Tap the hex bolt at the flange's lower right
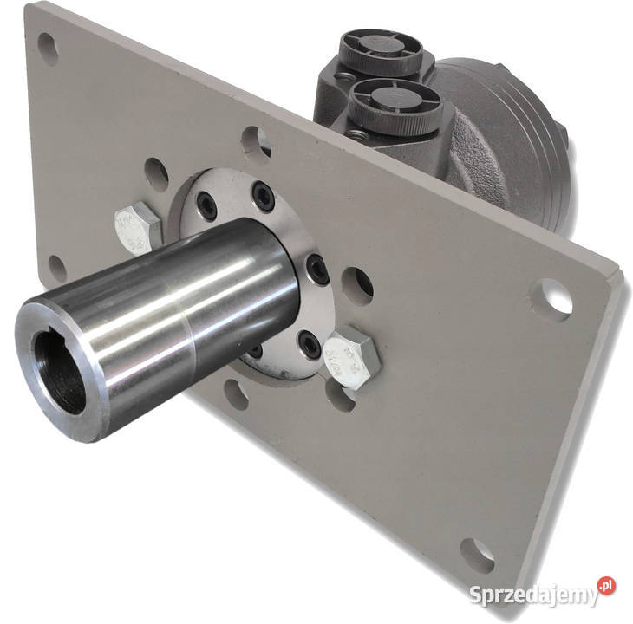(x=352, y=356)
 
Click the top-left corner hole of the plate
(x=48, y=49)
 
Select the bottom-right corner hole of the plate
(x=476, y=554)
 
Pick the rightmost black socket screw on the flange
(x=318, y=268)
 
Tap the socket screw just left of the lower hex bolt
(x=308, y=344)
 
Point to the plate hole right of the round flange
(x=356, y=284)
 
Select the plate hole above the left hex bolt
(x=156, y=173)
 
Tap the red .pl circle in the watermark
(x=606, y=587)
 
